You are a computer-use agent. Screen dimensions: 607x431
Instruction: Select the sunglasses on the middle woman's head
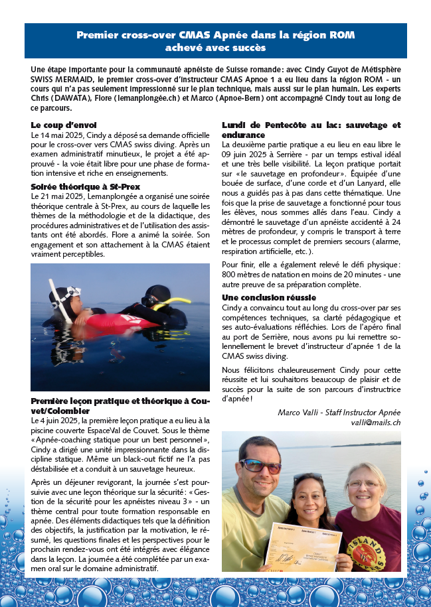click(x=307, y=476)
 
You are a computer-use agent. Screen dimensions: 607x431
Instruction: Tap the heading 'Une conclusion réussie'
click(x=268, y=298)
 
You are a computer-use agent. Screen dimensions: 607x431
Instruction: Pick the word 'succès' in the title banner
click(x=246, y=48)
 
